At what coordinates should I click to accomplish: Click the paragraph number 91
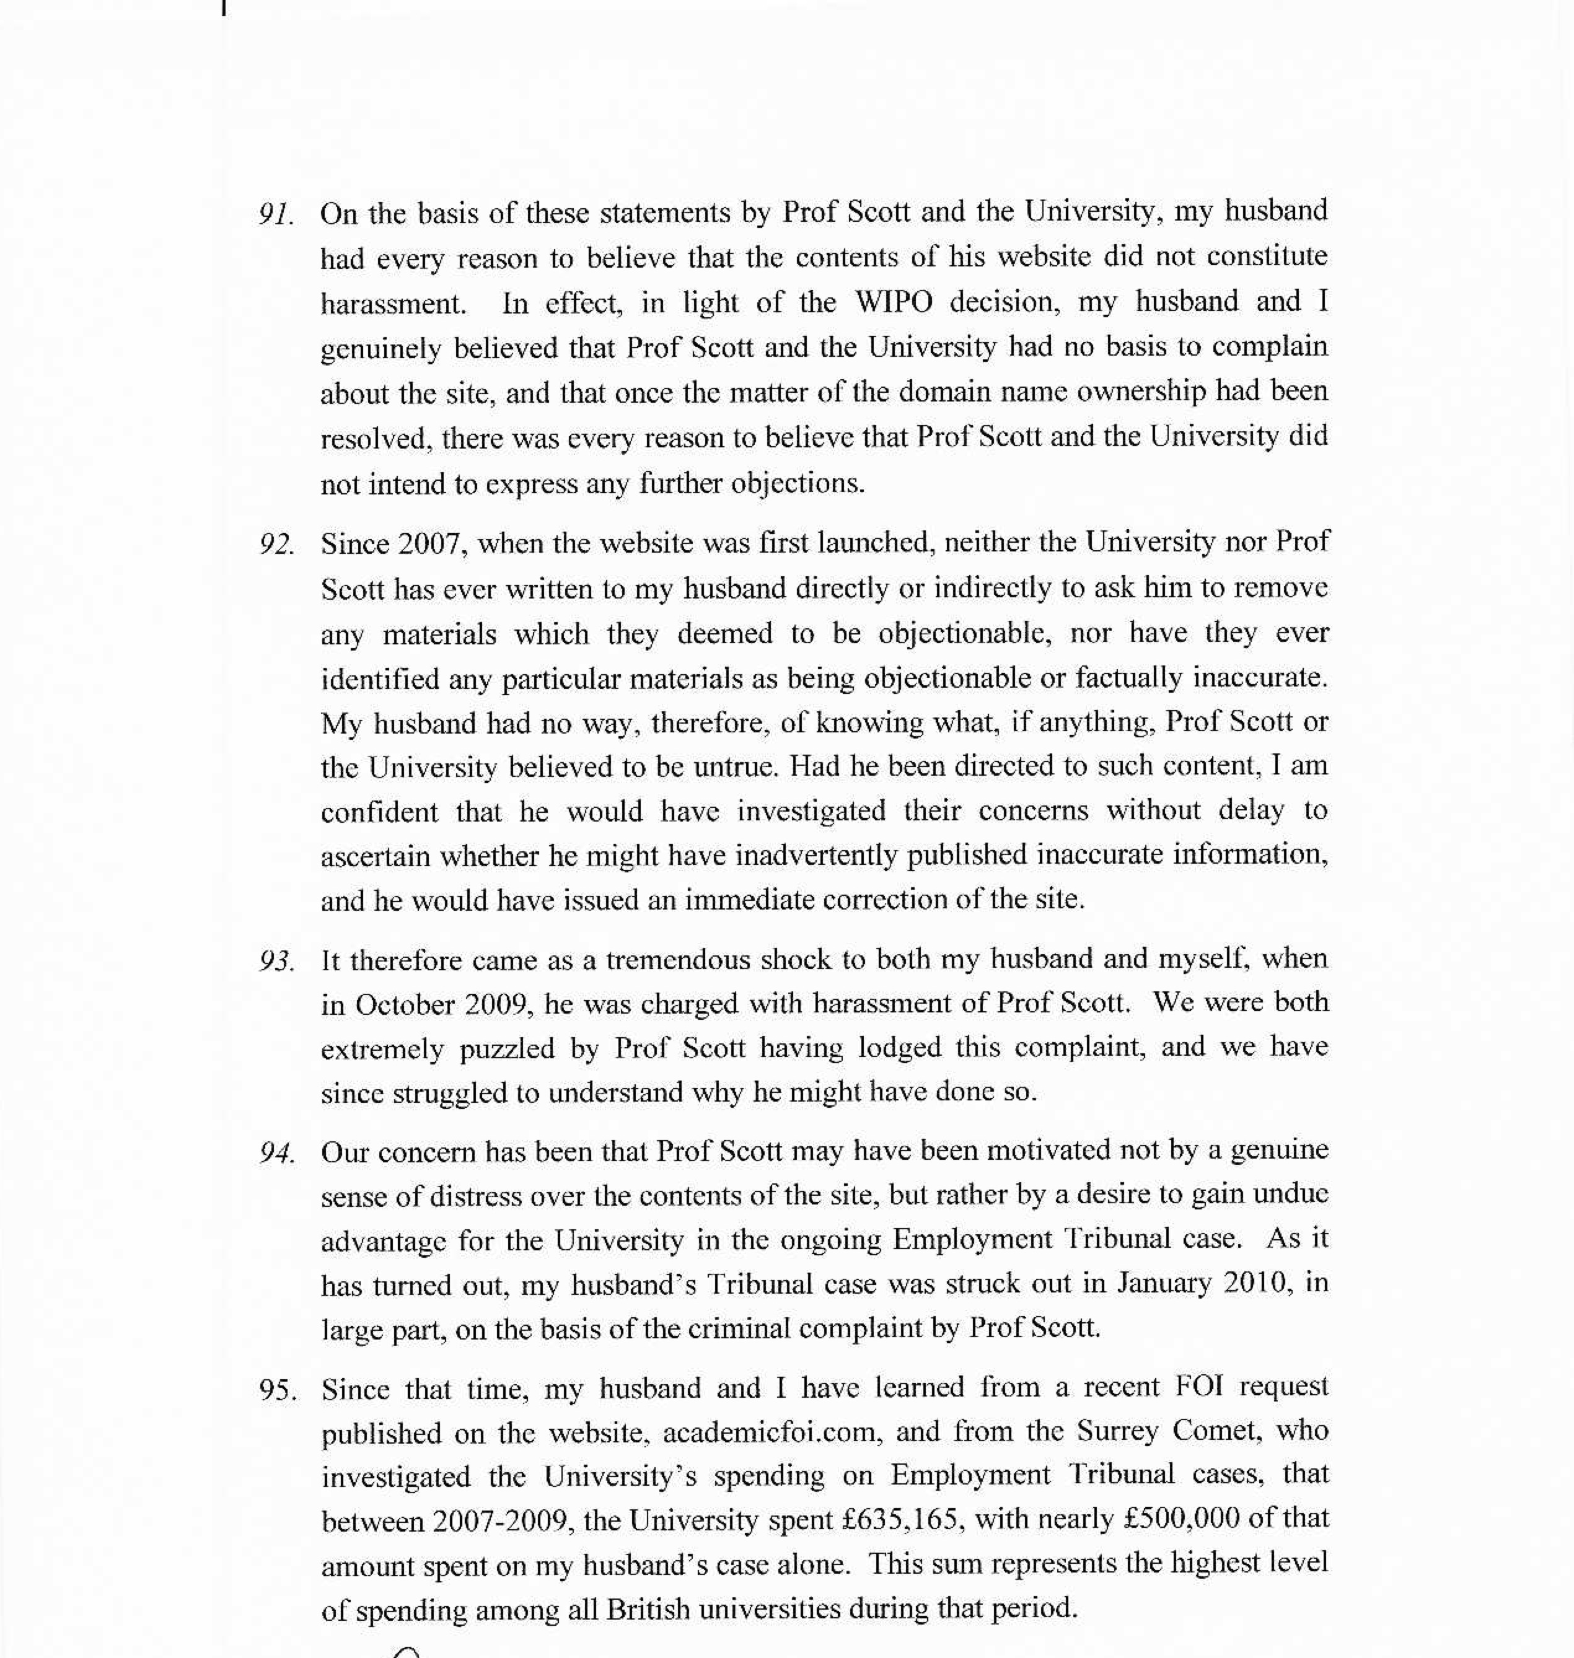[276, 215]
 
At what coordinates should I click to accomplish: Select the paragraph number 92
[276, 545]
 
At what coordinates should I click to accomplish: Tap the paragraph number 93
[276, 962]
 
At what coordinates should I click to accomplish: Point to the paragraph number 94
[276, 1154]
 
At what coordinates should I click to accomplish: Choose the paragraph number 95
[278, 1391]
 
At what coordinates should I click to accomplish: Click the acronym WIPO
[893, 302]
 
